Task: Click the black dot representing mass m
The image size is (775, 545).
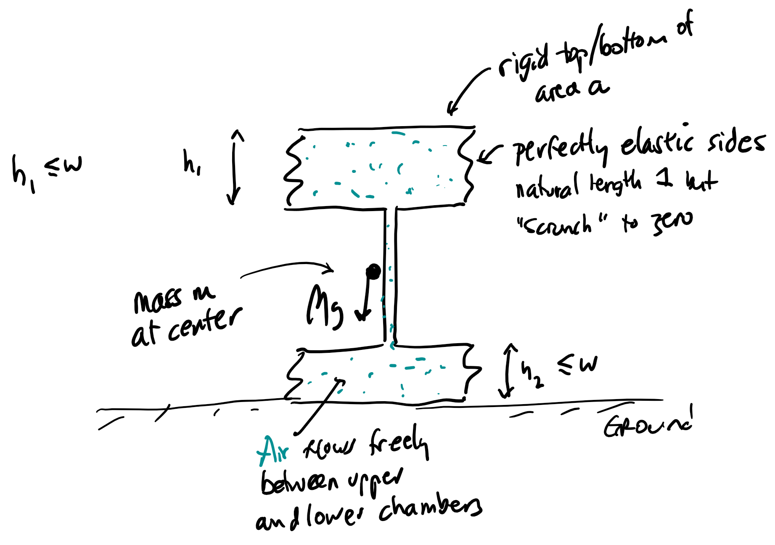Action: pos(373,272)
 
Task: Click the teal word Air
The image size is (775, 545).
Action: pos(273,451)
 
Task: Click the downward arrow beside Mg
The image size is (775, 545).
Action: pos(365,299)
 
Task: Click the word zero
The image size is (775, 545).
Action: pos(672,222)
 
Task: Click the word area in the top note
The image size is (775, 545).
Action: pos(557,90)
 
